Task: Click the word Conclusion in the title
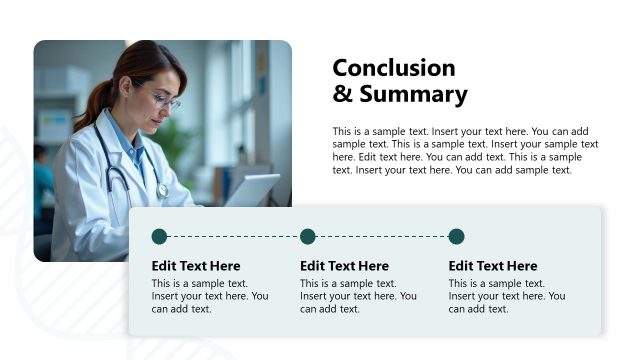[x=393, y=68]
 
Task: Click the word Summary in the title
[x=411, y=95]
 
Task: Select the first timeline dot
[x=159, y=237]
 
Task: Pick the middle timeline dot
[x=308, y=237]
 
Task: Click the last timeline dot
[x=456, y=237]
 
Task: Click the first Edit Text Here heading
[x=196, y=266]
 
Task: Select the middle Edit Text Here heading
[x=344, y=266]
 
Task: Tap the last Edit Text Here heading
[x=493, y=266]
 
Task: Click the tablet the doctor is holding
[x=251, y=190]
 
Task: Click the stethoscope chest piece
[x=161, y=189]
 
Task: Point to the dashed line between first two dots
[x=233, y=237]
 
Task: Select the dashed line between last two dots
[x=382, y=237]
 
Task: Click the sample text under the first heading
[x=209, y=296]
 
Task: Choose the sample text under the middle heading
[x=357, y=296]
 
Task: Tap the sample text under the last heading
[x=506, y=296]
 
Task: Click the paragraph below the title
[x=465, y=150]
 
